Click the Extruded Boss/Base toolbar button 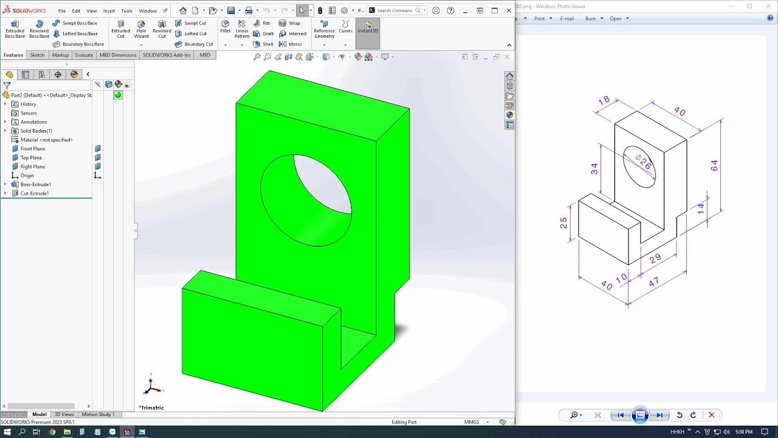click(x=15, y=29)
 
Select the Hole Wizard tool click(x=141, y=29)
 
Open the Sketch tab click(x=37, y=55)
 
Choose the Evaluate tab click(x=84, y=55)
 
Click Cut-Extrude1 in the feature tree click(x=34, y=193)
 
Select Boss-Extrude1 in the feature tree click(x=35, y=184)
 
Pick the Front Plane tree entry click(x=32, y=148)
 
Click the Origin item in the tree click(x=27, y=175)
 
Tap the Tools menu click(x=126, y=10)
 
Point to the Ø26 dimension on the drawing click(x=644, y=162)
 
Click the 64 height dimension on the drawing click(x=714, y=165)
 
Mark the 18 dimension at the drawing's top click(x=604, y=101)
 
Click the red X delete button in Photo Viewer click(x=711, y=415)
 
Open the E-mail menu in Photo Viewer click(x=566, y=18)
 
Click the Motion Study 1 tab click(x=97, y=414)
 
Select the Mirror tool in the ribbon click(x=291, y=44)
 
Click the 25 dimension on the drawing click(x=564, y=223)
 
